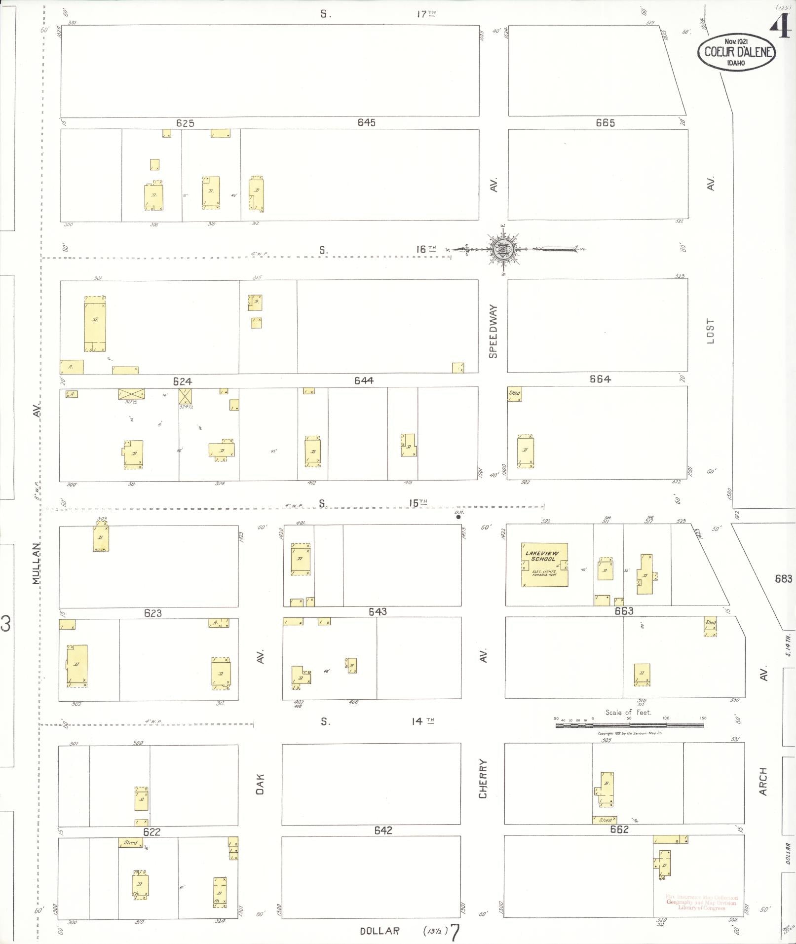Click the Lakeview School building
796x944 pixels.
click(x=544, y=565)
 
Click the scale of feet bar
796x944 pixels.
click(x=629, y=725)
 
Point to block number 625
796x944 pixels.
click(x=185, y=123)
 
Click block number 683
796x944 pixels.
click(x=783, y=579)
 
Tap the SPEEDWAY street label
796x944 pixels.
click(x=493, y=331)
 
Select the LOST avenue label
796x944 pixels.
click(x=710, y=331)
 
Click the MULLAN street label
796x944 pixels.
click(x=36, y=564)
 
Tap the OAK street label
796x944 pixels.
click(x=260, y=784)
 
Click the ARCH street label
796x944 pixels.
click(x=763, y=781)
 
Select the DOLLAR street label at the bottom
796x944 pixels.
click(x=379, y=931)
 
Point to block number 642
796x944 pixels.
click(x=383, y=831)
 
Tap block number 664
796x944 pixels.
click(x=600, y=379)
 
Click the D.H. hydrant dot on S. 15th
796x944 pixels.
click(x=458, y=517)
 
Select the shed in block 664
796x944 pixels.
click(x=514, y=394)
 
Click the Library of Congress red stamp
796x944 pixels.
click(x=701, y=902)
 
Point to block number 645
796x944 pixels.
click(x=367, y=122)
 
